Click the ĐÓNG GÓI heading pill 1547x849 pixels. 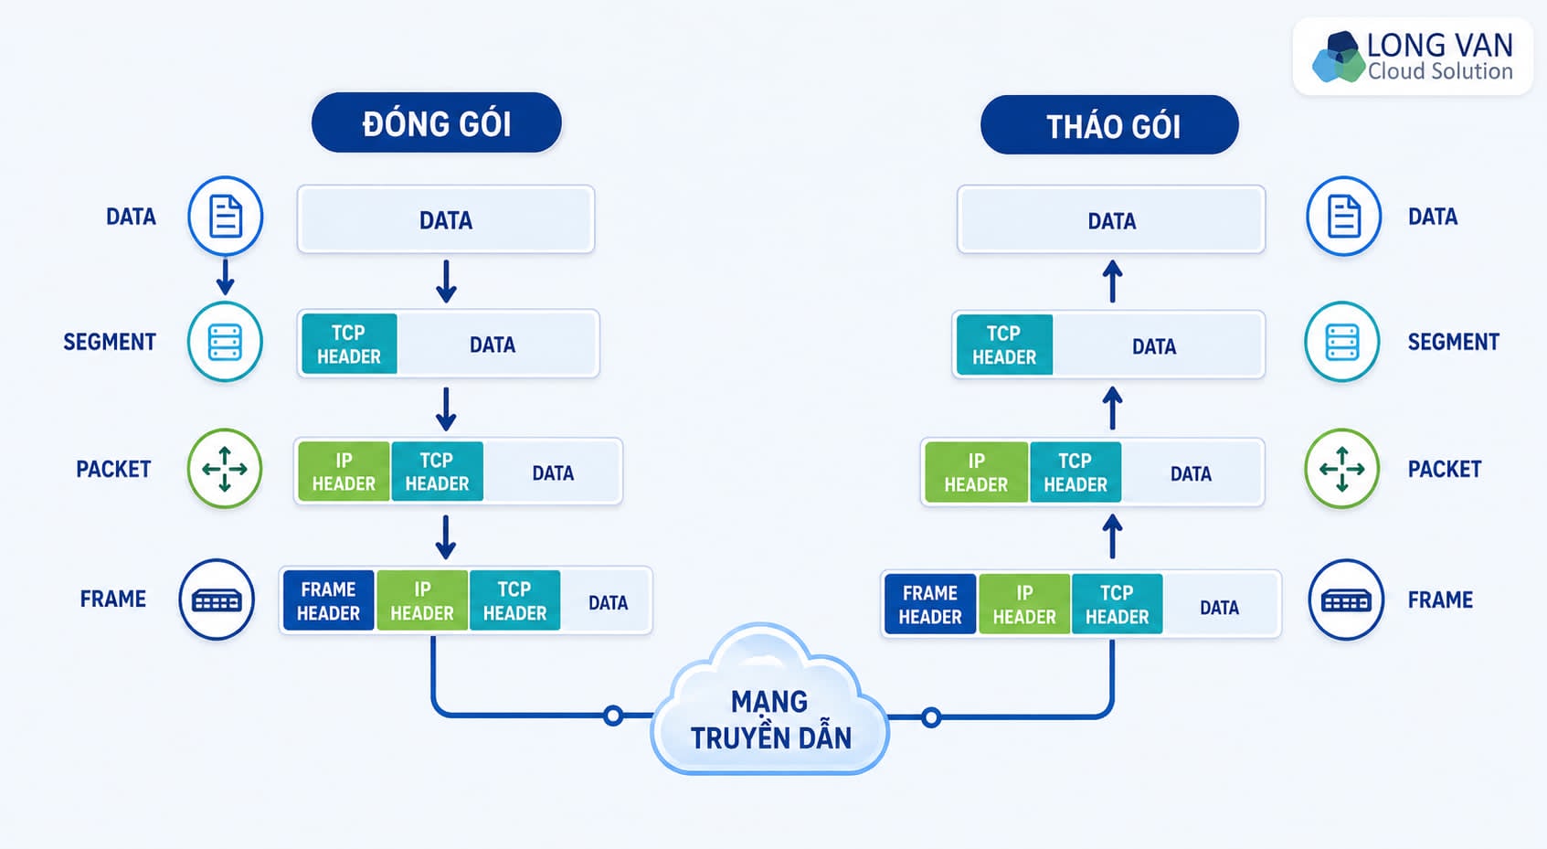(437, 123)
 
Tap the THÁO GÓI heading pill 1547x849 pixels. (1110, 125)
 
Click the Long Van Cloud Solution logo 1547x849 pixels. (1413, 57)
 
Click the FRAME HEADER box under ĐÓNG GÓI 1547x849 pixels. (329, 600)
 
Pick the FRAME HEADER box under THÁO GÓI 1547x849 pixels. (930, 604)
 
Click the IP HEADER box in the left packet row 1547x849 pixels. (344, 472)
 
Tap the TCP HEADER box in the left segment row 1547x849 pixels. (349, 344)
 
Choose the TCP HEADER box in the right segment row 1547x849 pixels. (1005, 345)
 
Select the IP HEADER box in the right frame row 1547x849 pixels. (1025, 604)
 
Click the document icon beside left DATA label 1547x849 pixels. (225, 217)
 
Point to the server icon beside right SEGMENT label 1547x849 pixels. (1342, 341)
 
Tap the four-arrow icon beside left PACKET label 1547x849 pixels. (225, 469)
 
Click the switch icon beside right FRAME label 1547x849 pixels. (1346, 600)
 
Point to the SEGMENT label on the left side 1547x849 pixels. (110, 342)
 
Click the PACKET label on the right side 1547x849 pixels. (1445, 470)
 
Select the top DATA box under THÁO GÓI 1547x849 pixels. (1111, 219)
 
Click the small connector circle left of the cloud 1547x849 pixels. (612, 716)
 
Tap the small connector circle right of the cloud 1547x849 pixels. (931, 717)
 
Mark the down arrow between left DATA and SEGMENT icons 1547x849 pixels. (225, 277)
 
